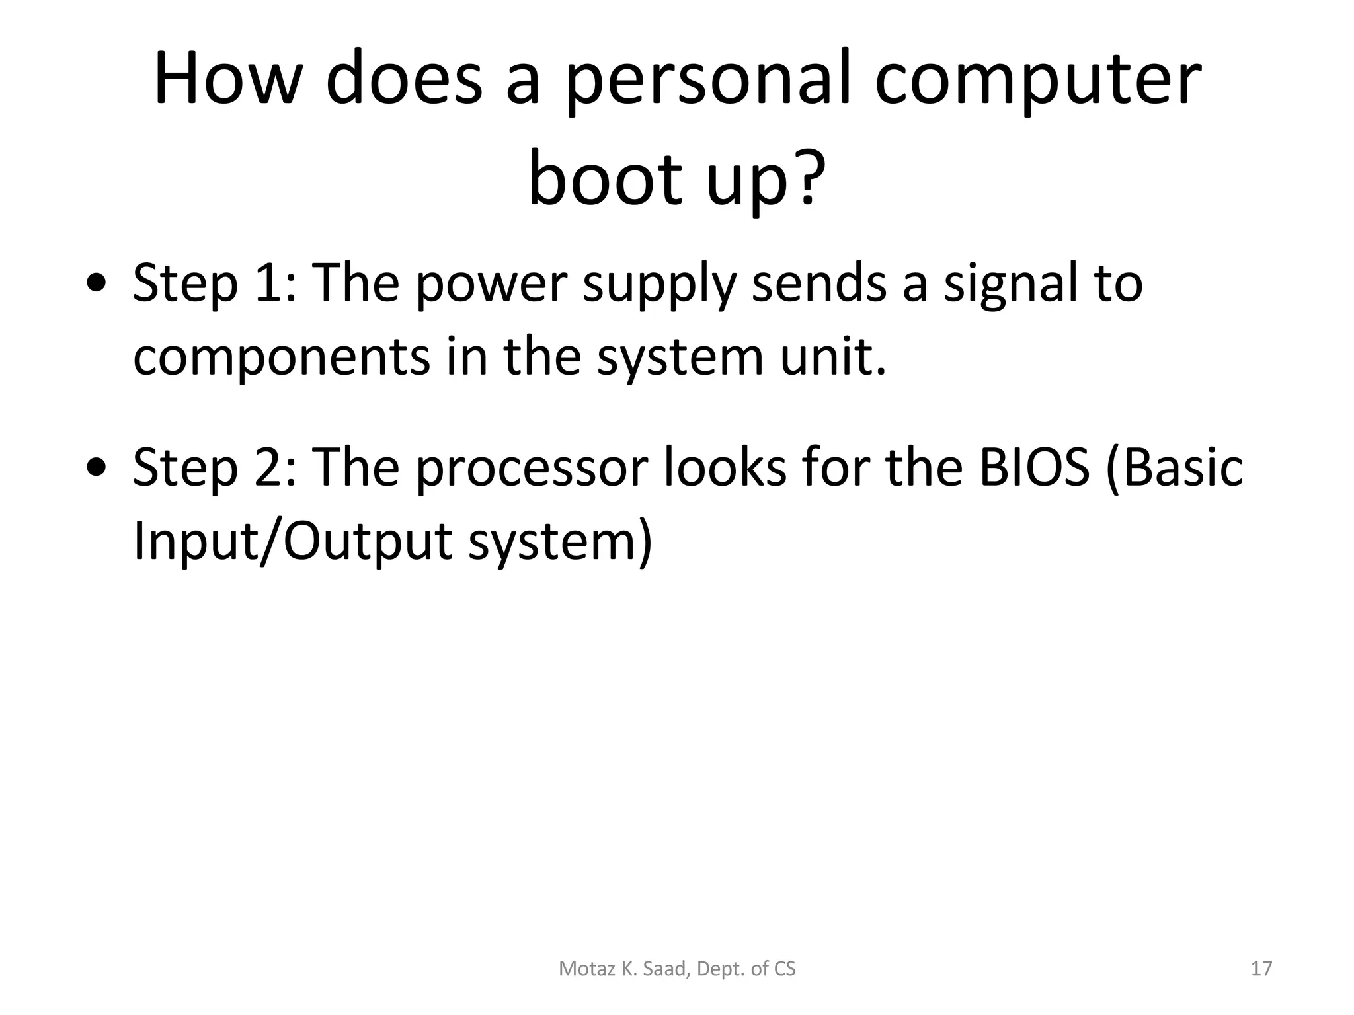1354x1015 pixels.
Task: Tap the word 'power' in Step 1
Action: (492, 285)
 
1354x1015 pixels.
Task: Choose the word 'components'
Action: (282, 358)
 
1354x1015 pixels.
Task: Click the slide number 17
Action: (1261, 969)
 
